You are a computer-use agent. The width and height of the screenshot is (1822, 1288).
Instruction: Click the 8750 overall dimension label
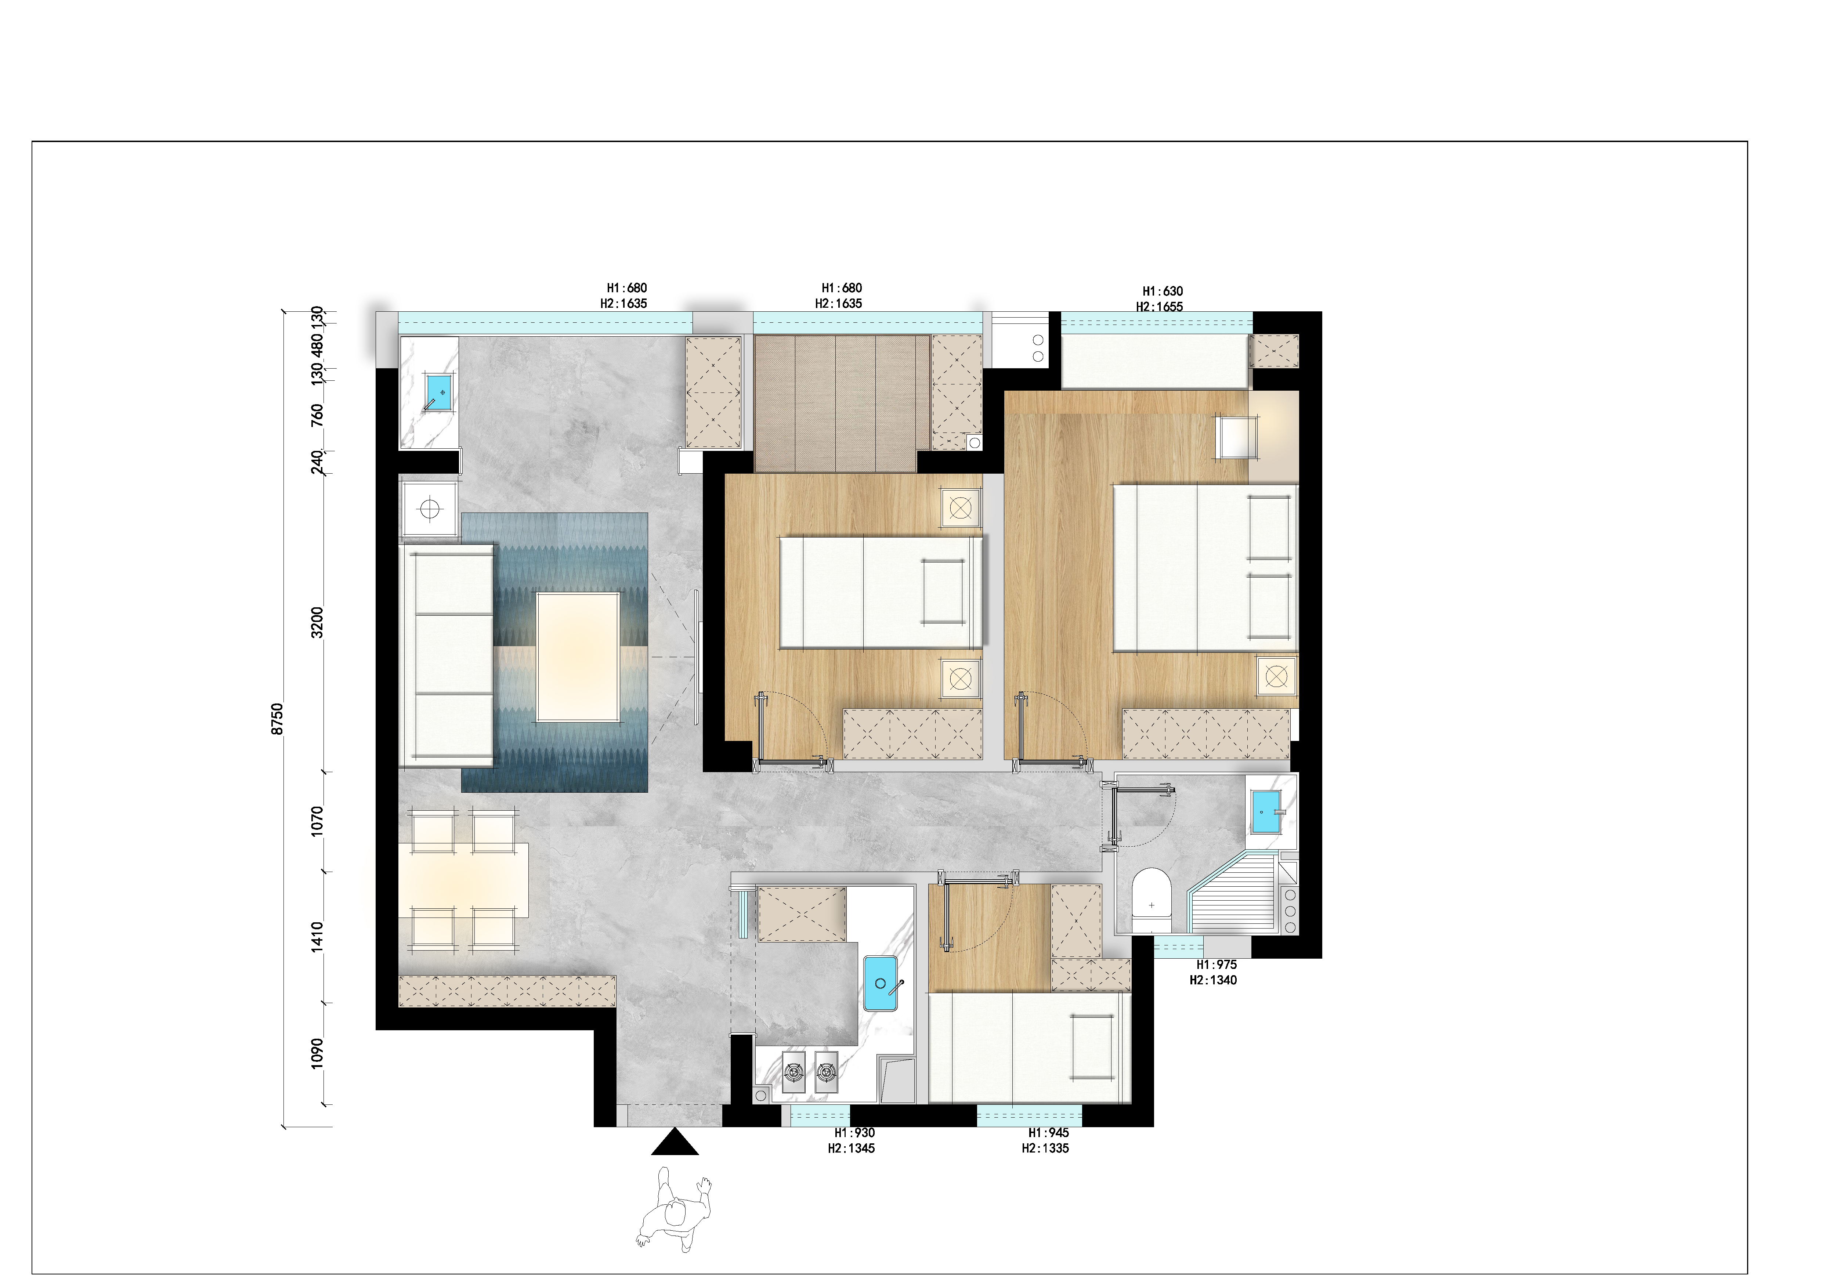[x=277, y=719]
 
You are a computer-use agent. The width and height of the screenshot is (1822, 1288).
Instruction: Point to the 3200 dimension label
[x=317, y=622]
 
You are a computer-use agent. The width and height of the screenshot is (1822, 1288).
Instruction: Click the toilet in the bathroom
[x=1152, y=901]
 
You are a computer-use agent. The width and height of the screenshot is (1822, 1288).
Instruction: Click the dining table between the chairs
[x=463, y=879]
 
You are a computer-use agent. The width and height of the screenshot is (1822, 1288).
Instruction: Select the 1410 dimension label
[x=317, y=936]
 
